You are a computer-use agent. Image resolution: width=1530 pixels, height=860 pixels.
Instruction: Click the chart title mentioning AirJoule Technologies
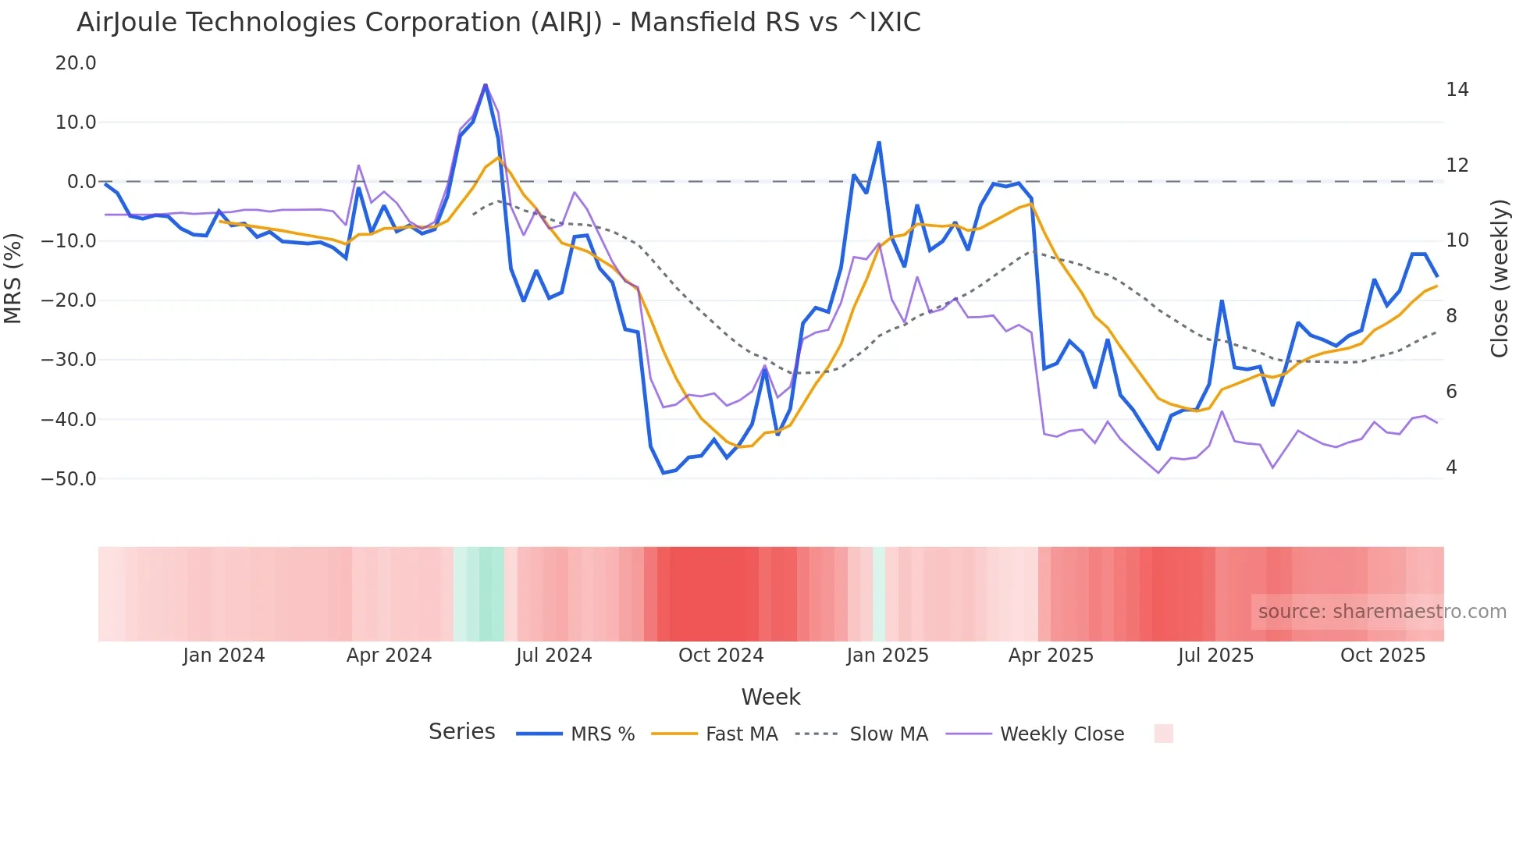tap(498, 23)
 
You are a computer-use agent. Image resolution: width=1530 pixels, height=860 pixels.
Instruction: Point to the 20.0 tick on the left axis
tap(76, 63)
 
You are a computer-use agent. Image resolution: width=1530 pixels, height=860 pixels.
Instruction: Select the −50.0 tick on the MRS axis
tap(69, 479)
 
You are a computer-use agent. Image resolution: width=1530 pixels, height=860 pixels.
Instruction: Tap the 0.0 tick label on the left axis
tap(81, 182)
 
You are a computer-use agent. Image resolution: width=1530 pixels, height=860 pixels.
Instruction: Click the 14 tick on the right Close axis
tap(1457, 90)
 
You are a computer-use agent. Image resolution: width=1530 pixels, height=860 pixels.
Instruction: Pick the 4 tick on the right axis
tap(1451, 467)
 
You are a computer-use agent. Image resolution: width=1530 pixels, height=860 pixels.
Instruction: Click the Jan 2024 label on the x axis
tap(224, 656)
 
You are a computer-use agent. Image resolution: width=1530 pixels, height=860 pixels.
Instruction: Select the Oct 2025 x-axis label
tap(1382, 656)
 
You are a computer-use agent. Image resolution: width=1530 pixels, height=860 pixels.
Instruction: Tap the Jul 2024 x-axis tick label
tap(553, 656)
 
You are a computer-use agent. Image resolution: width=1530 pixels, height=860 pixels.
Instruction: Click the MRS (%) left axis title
tap(12, 278)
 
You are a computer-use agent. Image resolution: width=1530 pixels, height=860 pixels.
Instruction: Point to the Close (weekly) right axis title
tap(1500, 279)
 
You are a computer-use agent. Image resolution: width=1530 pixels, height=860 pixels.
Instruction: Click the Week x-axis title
tap(770, 697)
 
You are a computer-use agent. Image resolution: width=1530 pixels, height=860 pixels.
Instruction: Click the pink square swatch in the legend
tap(1163, 734)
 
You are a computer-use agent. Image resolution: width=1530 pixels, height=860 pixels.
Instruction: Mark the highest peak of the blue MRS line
tap(486, 85)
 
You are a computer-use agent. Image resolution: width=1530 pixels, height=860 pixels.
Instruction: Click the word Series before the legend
tap(461, 732)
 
